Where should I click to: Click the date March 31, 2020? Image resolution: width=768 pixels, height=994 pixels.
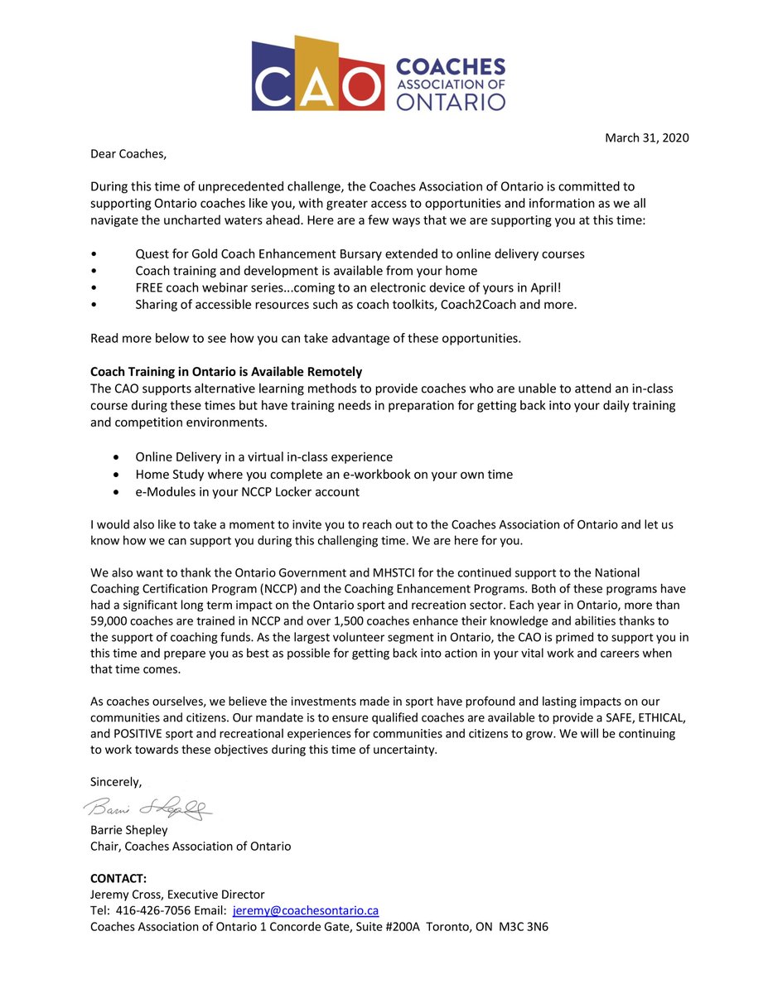[646, 138]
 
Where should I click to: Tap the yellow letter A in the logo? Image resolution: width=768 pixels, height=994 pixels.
[317, 88]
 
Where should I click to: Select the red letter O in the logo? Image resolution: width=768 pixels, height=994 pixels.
[362, 90]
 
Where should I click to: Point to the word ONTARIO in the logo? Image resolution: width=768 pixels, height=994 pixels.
[451, 101]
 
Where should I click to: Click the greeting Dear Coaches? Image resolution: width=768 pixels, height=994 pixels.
[128, 153]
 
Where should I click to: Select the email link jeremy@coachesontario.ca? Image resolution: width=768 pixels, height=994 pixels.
[306, 910]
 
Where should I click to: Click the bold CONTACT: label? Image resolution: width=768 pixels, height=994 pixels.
[118, 878]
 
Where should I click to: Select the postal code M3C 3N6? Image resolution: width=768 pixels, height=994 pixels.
[524, 927]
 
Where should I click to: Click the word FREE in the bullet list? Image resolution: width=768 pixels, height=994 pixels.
[151, 287]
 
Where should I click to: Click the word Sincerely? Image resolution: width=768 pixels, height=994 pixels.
[116, 781]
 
